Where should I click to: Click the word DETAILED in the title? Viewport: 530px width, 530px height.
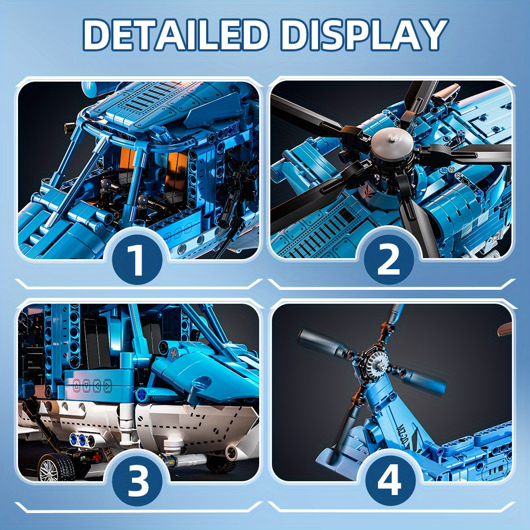(x=176, y=35)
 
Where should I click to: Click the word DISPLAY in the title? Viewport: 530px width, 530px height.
(x=364, y=35)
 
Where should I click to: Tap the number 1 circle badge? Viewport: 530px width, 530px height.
(x=137, y=259)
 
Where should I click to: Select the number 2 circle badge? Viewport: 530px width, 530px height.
(x=388, y=259)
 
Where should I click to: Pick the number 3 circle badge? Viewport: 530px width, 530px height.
(x=137, y=481)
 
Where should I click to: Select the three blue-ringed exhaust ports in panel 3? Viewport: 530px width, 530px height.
(x=82, y=440)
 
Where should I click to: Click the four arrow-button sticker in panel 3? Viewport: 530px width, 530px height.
(x=92, y=386)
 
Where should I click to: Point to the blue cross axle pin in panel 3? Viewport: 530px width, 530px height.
(x=142, y=394)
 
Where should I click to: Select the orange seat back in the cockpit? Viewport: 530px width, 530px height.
(x=178, y=169)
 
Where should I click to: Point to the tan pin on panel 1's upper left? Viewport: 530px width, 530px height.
(x=70, y=127)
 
